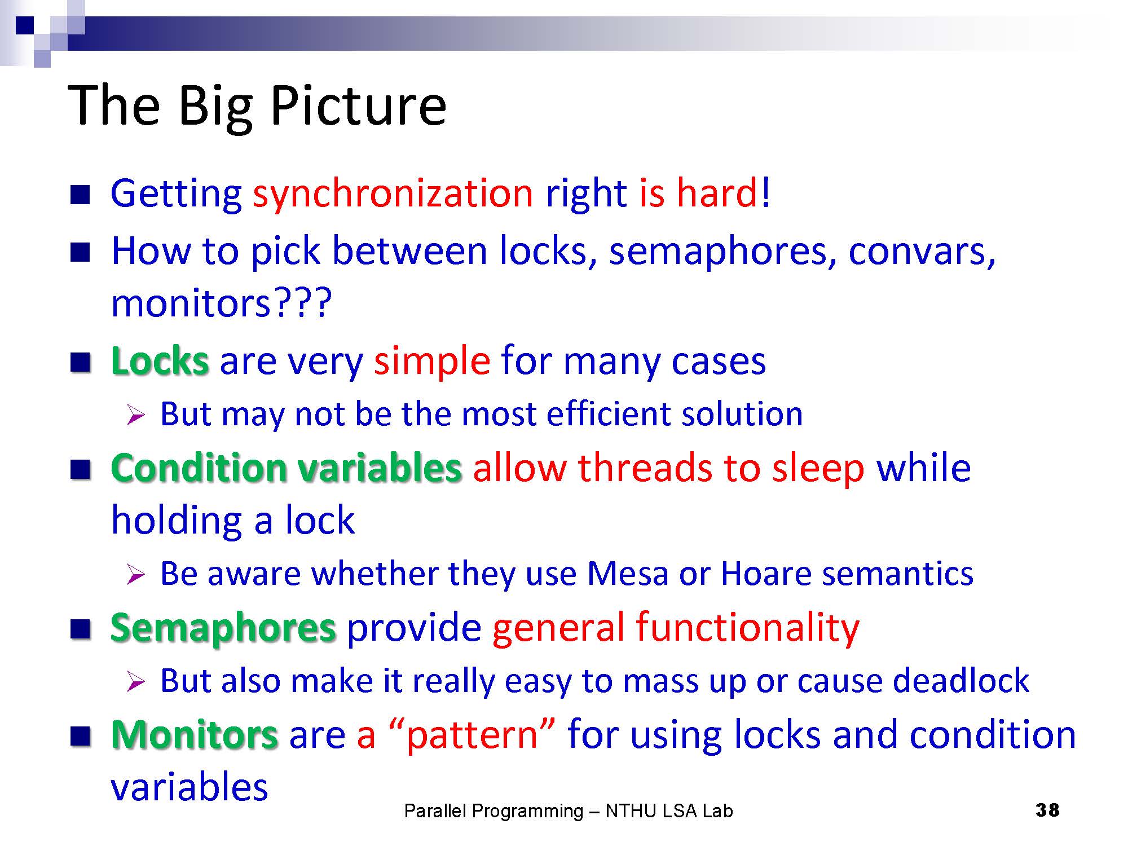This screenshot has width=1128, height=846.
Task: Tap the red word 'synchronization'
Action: click(393, 193)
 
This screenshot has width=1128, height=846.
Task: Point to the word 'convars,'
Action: click(922, 252)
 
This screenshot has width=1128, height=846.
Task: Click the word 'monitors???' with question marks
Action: click(221, 303)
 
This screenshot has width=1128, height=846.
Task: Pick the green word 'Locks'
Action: click(160, 361)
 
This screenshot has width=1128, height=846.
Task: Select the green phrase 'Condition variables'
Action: click(287, 468)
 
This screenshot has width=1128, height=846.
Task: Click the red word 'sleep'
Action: click(818, 469)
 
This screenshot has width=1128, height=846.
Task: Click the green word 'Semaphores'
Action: click(223, 628)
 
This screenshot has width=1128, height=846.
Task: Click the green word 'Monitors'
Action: click(195, 735)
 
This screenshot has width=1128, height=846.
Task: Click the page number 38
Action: click(1047, 810)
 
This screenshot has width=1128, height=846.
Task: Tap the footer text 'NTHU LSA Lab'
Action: click(669, 811)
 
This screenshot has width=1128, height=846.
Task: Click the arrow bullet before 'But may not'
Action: click(136, 415)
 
